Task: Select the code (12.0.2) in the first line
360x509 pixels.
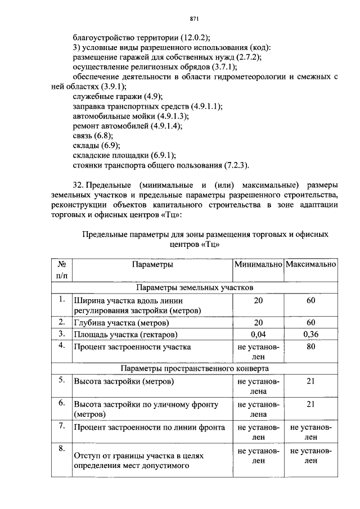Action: coord(192,38)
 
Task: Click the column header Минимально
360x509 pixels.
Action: coord(258,264)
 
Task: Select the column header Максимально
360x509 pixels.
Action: coord(311,264)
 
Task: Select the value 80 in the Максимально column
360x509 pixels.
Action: coord(311,347)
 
